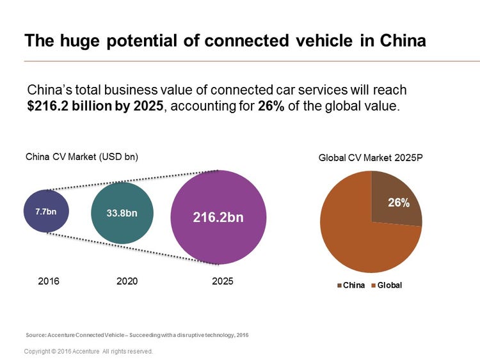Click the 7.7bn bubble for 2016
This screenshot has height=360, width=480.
(x=46, y=210)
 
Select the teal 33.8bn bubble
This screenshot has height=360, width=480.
(x=122, y=212)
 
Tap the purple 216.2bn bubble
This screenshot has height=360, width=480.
(x=218, y=217)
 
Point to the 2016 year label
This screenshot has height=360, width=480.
(x=48, y=281)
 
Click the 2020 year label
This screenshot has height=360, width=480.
(x=127, y=281)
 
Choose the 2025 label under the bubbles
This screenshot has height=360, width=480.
(x=223, y=281)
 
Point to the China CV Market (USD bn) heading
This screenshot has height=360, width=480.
(x=81, y=157)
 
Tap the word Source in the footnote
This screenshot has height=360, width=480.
(x=36, y=334)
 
